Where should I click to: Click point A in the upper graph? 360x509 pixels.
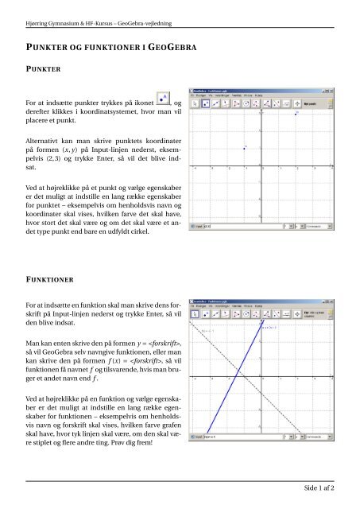[245, 148]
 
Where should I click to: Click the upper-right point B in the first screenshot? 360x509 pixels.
[296, 114]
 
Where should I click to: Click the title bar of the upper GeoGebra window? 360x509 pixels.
[254, 91]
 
